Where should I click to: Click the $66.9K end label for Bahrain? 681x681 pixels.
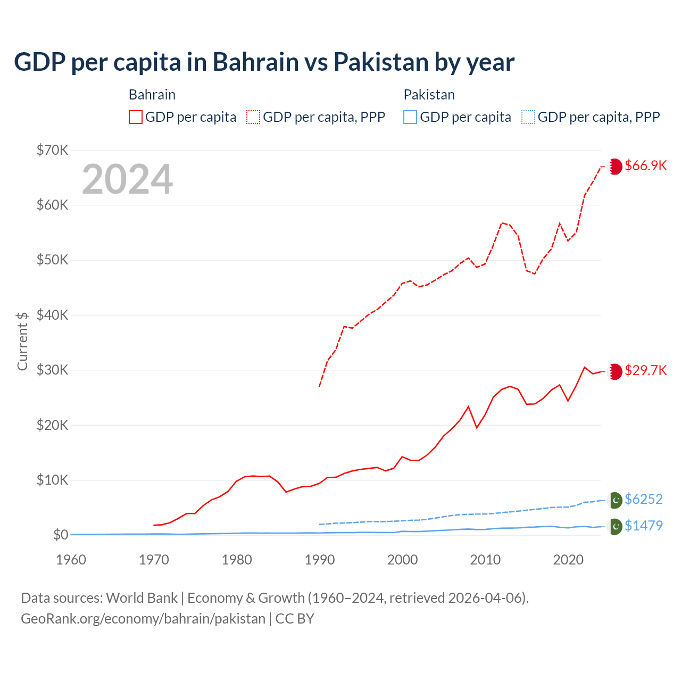pyautogui.click(x=645, y=165)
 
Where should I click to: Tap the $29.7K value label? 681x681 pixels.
pyautogui.click(x=645, y=370)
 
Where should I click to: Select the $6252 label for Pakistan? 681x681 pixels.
pyautogui.click(x=643, y=499)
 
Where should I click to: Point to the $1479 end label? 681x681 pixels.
pyautogui.click(x=643, y=526)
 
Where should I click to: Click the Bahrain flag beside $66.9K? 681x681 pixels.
pyautogui.click(x=615, y=167)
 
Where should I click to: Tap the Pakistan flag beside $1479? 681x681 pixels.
pyautogui.click(x=615, y=526)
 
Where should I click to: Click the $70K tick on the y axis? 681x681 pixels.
pyautogui.click(x=52, y=150)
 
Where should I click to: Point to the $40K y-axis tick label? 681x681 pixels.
pyautogui.click(x=52, y=315)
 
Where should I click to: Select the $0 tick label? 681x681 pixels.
pyautogui.click(x=61, y=535)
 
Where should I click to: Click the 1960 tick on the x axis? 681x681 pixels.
pyautogui.click(x=71, y=560)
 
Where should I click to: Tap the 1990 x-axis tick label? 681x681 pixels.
pyautogui.click(x=320, y=560)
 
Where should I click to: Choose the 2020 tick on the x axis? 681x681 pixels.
pyautogui.click(x=568, y=560)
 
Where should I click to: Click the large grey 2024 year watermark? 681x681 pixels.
pyautogui.click(x=128, y=179)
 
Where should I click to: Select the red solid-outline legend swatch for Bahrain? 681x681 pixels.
pyautogui.click(x=136, y=117)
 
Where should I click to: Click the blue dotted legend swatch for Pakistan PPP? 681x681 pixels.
pyautogui.click(x=528, y=117)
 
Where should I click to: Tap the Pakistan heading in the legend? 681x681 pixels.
pyautogui.click(x=429, y=95)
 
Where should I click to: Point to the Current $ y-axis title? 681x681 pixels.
pyautogui.click(x=22, y=341)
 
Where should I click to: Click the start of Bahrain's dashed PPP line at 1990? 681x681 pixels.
pyautogui.click(x=319, y=386)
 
